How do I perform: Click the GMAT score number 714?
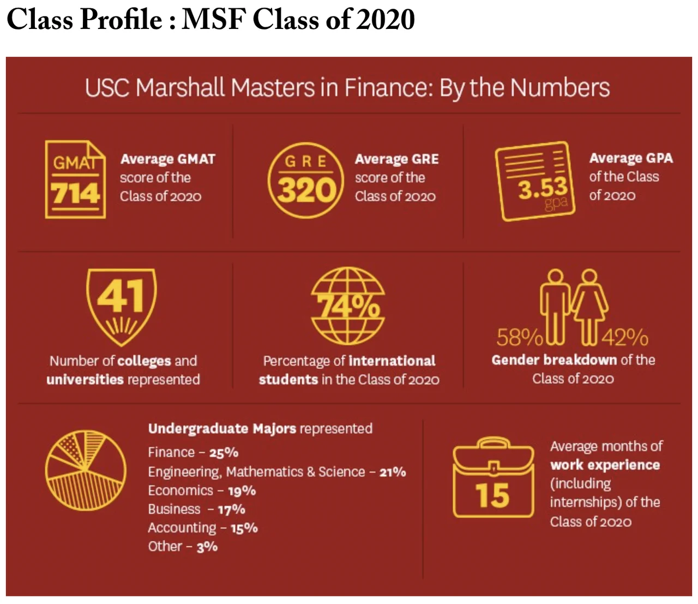click(x=75, y=194)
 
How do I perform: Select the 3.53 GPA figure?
click(x=543, y=189)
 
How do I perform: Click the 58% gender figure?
click(x=519, y=338)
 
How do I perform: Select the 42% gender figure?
click(x=625, y=338)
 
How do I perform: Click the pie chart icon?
click(x=86, y=471)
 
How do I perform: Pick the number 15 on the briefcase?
click(x=492, y=495)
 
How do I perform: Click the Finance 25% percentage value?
click(x=224, y=453)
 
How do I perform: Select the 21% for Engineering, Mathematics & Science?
click(x=393, y=472)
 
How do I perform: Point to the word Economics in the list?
click(x=180, y=491)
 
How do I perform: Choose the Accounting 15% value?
click(x=244, y=528)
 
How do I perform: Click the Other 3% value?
click(x=207, y=547)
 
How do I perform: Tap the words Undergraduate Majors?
click(x=222, y=429)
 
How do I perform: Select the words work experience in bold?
click(x=605, y=465)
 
